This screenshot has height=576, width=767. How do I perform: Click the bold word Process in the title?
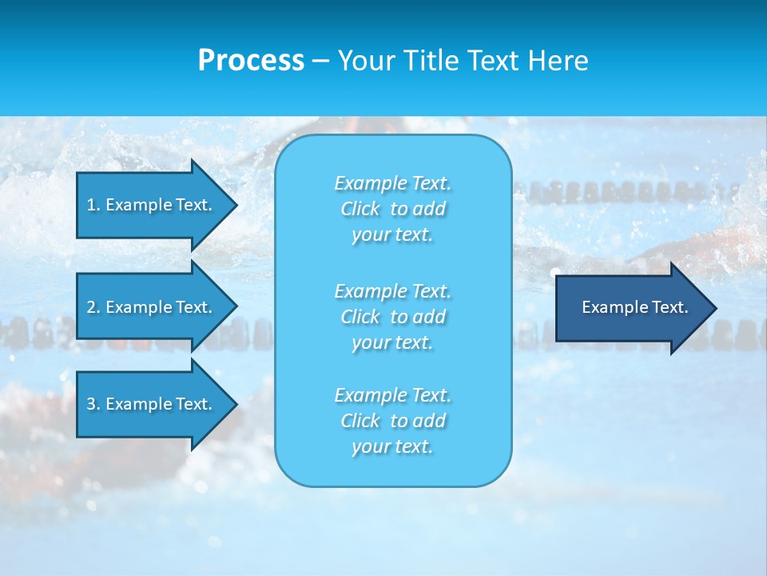click(251, 61)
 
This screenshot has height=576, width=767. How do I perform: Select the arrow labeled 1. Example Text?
click(152, 205)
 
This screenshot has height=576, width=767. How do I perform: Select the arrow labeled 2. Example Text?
click(152, 307)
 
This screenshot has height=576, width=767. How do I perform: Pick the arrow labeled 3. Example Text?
click(152, 404)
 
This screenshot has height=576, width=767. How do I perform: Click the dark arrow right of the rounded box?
click(631, 308)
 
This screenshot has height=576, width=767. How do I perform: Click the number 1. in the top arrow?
click(93, 205)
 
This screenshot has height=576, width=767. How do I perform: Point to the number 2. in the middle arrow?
click(93, 307)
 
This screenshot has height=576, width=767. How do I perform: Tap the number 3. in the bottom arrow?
click(93, 404)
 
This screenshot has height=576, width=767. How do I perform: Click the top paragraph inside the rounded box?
click(392, 209)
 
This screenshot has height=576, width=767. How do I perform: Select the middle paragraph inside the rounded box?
click(392, 317)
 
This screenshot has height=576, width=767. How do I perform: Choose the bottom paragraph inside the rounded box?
click(392, 421)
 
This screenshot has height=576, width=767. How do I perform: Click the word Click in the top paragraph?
click(360, 209)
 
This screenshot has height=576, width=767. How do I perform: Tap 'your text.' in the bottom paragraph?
click(392, 447)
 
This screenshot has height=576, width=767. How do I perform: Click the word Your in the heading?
click(367, 61)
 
